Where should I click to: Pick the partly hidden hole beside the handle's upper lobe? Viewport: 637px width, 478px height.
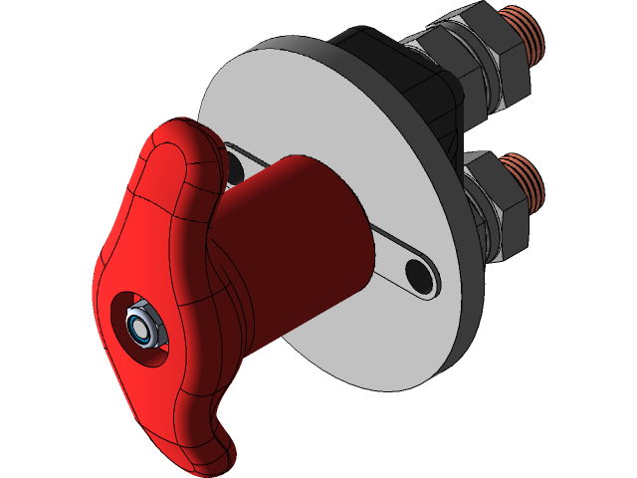[x=234, y=167]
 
